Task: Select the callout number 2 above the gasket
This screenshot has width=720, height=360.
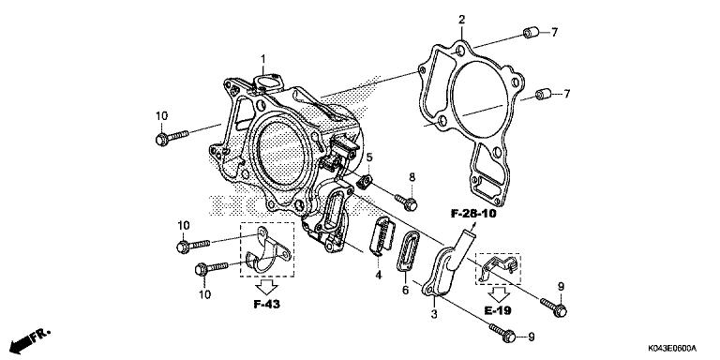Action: [461, 20]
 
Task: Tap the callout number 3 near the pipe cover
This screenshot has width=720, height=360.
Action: [433, 316]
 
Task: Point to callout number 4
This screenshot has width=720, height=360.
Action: [379, 275]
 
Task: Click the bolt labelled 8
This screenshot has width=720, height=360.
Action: [406, 200]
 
